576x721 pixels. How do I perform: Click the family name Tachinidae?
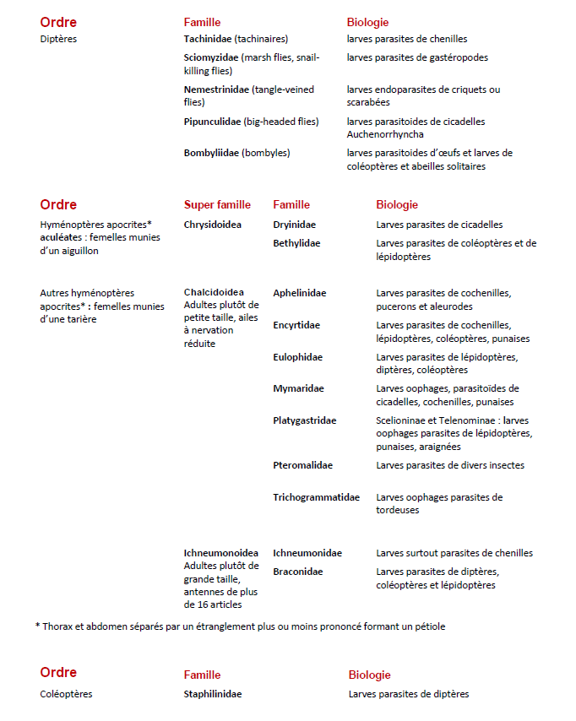click(x=208, y=39)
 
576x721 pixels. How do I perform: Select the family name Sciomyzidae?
click(x=211, y=57)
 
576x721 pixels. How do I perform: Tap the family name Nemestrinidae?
click(x=216, y=89)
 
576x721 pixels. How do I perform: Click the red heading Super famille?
click(x=217, y=204)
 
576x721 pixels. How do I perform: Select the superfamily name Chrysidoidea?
click(x=212, y=225)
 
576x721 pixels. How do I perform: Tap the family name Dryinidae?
click(x=294, y=225)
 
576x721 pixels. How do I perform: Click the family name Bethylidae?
click(x=296, y=243)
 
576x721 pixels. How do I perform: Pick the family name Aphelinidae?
click(x=299, y=293)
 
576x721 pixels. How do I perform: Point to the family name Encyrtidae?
click(x=296, y=325)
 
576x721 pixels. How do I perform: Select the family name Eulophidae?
click(x=297, y=357)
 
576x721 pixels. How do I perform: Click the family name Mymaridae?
click(x=298, y=388)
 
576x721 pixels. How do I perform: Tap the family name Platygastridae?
click(x=304, y=420)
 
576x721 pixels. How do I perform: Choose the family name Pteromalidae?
click(x=302, y=465)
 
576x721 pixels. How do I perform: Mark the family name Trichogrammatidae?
click(x=316, y=497)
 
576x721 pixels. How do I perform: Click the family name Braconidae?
click(x=296, y=572)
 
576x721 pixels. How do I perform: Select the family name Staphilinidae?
click(x=213, y=694)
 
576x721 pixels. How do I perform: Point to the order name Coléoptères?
click(x=66, y=694)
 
